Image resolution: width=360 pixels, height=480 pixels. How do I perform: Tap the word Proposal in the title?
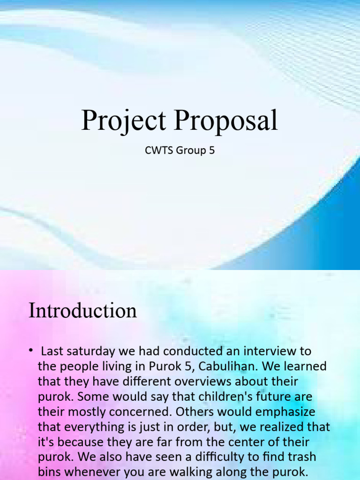pos(226,120)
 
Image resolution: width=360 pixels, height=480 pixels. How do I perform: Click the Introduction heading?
pos(82,311)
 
